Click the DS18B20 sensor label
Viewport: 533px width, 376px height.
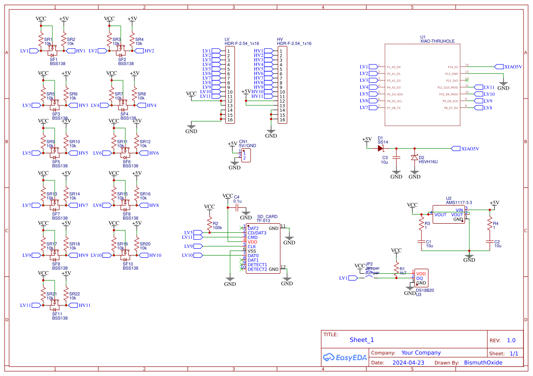425,290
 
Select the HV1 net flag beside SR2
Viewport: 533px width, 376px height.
78,51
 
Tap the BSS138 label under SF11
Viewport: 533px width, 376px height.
60,318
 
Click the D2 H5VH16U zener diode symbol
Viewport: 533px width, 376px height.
414,157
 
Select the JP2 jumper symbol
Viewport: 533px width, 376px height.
369,277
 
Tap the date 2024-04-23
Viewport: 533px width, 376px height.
408,363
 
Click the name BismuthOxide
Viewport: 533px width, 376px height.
483,363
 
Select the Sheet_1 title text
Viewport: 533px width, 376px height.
362,340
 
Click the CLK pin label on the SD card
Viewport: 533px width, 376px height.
251,246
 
